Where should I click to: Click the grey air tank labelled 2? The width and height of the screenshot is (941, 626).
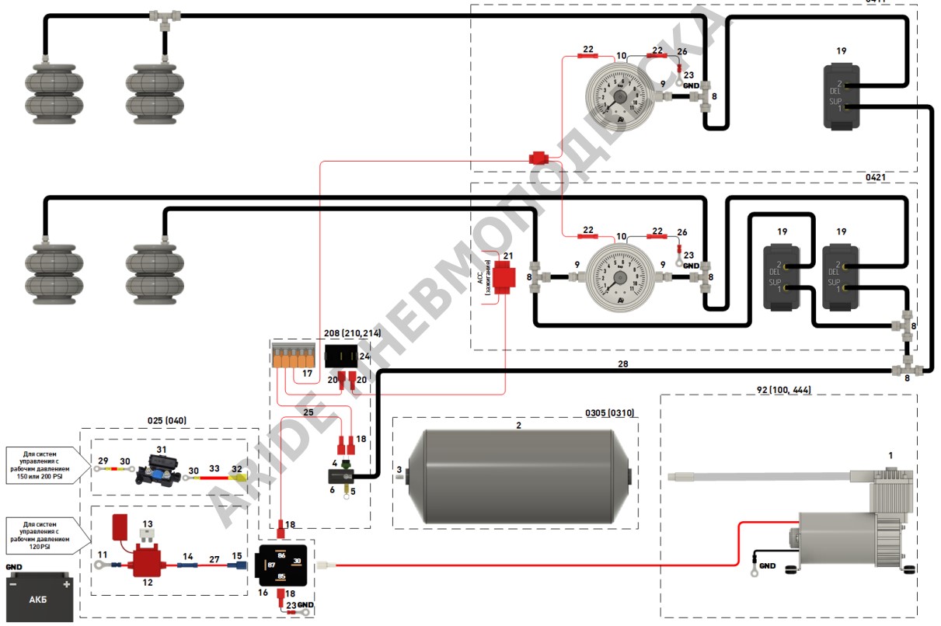pyautogui.click(x=516, y=475)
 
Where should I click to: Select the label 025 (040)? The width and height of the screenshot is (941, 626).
pyautogui.click(x=166, y=420)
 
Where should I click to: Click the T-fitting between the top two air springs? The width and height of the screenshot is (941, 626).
pyautogui.click(x=164, y=16)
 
